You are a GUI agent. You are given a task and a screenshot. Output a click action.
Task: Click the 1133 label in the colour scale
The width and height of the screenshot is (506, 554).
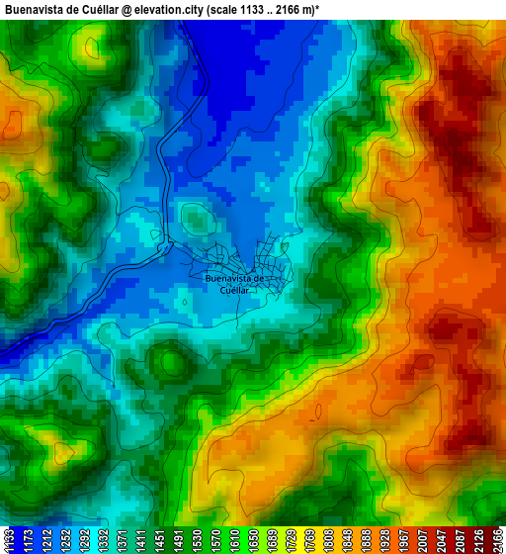point(8,540)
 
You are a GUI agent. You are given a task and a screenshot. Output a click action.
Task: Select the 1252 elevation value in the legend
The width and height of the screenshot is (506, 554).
point(66,540)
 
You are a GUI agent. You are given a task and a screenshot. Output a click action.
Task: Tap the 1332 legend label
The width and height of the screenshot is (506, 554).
point(106,540)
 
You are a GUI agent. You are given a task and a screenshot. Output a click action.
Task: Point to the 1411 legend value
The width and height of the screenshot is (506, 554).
point(144,540)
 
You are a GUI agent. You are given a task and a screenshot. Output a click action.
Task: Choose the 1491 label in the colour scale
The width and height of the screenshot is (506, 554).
point(184,540)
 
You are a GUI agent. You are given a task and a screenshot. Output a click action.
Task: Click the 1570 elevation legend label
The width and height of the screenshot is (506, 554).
point(222,540)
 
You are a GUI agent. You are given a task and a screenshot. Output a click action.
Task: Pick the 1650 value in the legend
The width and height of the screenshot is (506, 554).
point(262,540)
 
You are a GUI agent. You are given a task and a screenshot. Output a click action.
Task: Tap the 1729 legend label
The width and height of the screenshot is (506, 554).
point(300,540)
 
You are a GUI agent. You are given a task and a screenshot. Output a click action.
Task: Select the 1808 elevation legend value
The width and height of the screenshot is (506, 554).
point(340,540)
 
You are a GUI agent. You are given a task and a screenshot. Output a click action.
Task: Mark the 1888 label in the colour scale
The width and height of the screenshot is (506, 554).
point(379,540)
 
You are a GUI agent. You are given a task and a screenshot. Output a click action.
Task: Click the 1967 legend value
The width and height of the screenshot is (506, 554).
point(418,540)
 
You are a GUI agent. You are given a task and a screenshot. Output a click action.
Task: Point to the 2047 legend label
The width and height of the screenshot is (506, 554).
point(457,540)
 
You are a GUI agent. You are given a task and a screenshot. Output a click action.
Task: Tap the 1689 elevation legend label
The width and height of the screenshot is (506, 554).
point(282,540)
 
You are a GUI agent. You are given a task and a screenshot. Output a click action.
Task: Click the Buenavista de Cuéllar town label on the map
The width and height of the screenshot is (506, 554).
point(234,284)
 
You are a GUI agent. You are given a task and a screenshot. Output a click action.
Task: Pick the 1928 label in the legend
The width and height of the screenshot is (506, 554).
point(398,540)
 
